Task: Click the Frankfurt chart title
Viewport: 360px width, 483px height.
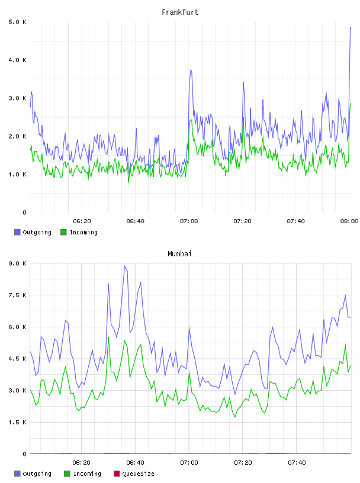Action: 180,12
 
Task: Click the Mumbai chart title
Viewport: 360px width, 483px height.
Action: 179,254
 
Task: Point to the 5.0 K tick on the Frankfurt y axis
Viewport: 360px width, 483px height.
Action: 17,22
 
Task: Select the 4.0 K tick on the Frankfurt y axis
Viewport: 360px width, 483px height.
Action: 17,60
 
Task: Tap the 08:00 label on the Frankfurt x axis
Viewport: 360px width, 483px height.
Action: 349,221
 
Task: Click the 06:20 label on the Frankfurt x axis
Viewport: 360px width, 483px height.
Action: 82,221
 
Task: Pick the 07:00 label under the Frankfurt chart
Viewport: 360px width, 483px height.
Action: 189,221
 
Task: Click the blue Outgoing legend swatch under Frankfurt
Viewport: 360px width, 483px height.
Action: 17,232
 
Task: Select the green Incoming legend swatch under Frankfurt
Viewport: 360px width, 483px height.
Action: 63,232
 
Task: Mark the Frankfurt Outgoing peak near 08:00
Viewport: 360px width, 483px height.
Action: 351,27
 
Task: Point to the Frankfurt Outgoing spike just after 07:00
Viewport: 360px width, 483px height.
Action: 191,70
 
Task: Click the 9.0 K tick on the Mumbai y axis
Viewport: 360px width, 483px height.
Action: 17,263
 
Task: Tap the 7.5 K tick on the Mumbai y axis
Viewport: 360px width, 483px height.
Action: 17,295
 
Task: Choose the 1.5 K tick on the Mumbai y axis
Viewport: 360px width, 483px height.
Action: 17,422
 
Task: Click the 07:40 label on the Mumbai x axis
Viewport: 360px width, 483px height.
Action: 297,463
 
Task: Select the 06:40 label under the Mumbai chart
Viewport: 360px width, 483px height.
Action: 136,463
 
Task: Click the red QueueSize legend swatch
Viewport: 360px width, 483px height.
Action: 117,474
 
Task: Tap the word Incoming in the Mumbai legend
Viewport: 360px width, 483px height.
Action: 87,474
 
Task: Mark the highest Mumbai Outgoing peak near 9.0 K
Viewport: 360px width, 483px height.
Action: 124,266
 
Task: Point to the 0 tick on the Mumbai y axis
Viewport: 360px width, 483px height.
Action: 24,454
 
